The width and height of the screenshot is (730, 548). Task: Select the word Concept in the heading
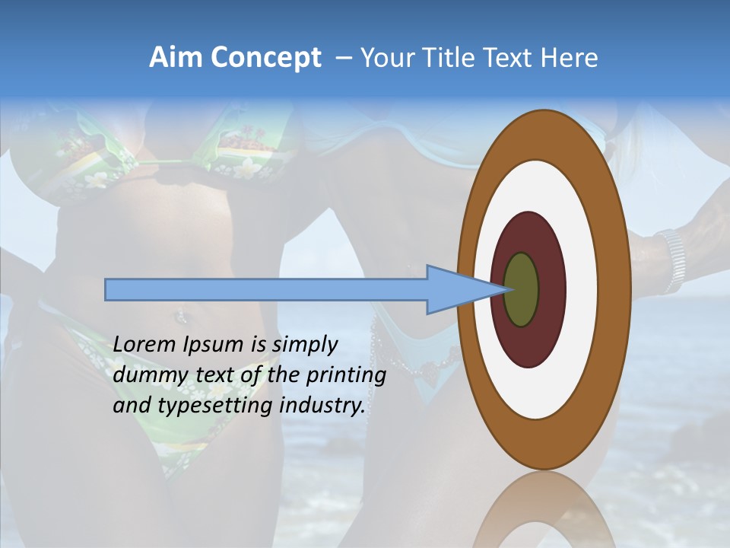click(266, 58)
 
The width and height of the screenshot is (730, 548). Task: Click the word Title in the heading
click(456, 58)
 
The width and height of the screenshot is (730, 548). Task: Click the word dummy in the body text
click(145, 375)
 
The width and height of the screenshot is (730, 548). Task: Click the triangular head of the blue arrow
click(456, 290)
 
